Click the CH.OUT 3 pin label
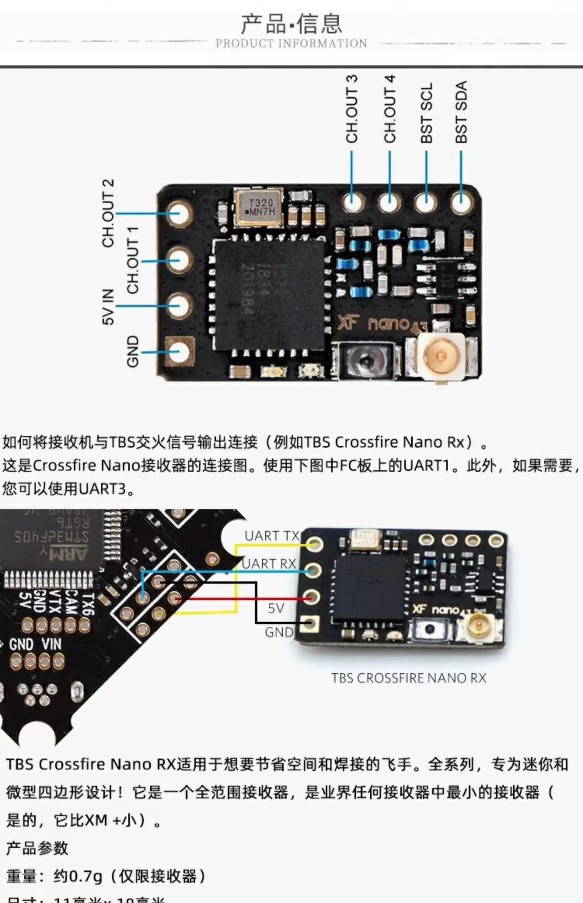352,109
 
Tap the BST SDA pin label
461,112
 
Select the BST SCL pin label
426,113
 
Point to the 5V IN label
108,307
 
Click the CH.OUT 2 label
108,213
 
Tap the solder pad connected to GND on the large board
179,351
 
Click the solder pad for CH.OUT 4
389,201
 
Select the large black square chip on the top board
269,294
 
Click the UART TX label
272,536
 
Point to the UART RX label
269,564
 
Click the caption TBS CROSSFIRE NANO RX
409,678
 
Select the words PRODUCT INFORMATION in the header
291,43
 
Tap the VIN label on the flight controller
51,645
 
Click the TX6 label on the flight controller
87,604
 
